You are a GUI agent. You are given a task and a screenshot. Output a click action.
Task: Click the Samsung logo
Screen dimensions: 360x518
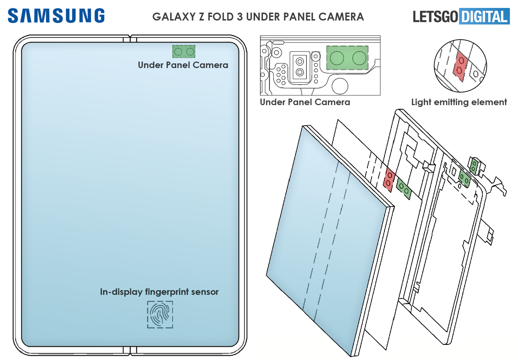[x=56, y=16]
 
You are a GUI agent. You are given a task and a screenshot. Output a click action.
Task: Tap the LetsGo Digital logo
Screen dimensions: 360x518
[x=461, y=17]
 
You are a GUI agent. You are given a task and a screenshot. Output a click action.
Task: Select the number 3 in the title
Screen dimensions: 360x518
[x=240, y=17]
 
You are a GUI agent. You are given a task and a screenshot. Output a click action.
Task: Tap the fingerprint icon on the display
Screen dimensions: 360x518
[x=160, y=314]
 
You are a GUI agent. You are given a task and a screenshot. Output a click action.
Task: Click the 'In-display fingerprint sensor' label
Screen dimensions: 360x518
[x=159, y=292]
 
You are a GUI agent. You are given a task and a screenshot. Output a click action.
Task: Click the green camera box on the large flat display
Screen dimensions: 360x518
[x=184, y=52]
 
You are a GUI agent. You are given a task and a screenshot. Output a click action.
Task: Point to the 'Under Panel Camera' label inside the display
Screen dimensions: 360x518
[x=183, y=65]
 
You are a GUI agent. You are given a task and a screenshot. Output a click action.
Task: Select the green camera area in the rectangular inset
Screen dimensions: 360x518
[x=347, y=58]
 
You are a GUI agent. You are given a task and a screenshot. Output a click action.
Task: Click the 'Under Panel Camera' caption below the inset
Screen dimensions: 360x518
[x=305, y=102]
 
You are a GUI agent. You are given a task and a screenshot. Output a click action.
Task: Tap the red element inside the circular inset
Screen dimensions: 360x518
[x=460, y=66]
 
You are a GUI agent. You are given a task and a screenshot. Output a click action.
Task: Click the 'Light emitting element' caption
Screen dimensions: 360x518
[x=459, y=102]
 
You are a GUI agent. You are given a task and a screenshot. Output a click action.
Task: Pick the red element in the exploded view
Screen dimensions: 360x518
[x=389, y=179]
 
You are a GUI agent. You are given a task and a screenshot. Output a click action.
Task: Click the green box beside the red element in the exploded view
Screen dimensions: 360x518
[x=403, y=189]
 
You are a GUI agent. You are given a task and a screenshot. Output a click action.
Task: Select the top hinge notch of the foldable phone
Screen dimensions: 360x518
[x=130, y=38]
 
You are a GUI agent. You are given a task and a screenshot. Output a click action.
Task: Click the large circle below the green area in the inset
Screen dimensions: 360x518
[x=340, y=86]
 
